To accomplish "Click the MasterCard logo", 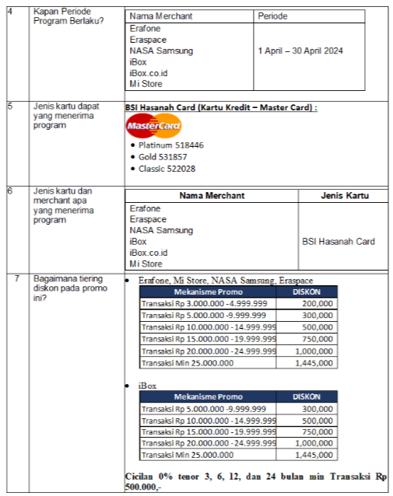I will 153,126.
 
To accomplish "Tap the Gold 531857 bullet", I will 163,156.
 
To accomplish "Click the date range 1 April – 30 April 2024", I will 300,51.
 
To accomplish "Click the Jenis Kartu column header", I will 344,196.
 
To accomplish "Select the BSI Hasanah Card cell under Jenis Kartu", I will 339,242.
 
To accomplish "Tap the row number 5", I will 9,106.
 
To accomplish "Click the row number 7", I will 16,278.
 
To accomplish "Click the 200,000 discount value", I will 318,303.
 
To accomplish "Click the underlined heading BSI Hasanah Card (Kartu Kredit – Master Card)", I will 221,107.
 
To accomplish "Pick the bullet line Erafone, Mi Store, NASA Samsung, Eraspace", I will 226,280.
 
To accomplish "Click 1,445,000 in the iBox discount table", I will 318,455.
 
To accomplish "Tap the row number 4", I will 9,11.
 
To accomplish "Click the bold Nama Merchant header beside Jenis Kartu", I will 212,196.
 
